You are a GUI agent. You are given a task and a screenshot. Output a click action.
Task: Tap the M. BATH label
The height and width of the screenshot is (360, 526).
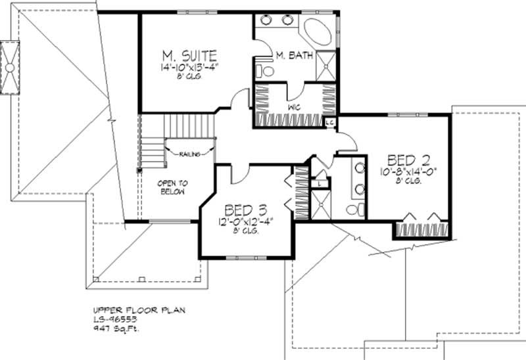pyautogui.click(x=289, y=55)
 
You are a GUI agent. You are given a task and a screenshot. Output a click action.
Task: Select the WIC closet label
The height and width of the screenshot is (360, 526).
pyautogui.click(x=295, y=106)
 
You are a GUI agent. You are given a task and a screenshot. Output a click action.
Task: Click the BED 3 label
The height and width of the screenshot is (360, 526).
pyautogui.click(x=245, y=210)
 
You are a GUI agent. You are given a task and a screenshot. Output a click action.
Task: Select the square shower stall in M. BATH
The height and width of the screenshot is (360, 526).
pyautogui.click(x=325, y=64)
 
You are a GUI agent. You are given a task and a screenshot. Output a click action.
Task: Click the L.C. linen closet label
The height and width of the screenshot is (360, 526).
pyautogui.click(x=331, y=121)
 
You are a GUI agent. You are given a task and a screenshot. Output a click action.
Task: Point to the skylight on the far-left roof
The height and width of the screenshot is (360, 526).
pyautogui.click(x=11, y=68)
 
